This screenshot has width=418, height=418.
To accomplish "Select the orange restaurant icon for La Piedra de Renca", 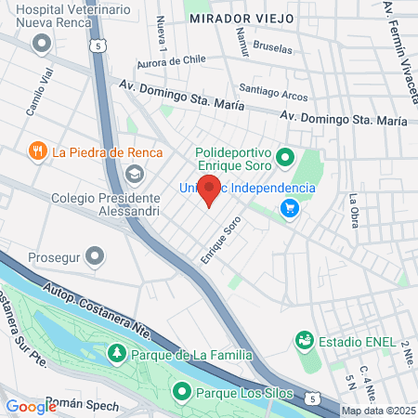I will pos(38,151).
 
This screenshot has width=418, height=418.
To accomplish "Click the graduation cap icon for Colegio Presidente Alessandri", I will pos(136,174).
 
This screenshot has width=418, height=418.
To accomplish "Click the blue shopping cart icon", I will pos(292,208).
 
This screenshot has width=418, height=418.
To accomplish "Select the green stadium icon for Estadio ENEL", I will pos(304,341).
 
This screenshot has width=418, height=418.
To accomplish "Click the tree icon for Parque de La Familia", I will pos(117,354).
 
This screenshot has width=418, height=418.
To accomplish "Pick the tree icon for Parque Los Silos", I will pos(182,391).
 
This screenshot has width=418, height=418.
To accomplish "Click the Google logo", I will pos(31,406).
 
